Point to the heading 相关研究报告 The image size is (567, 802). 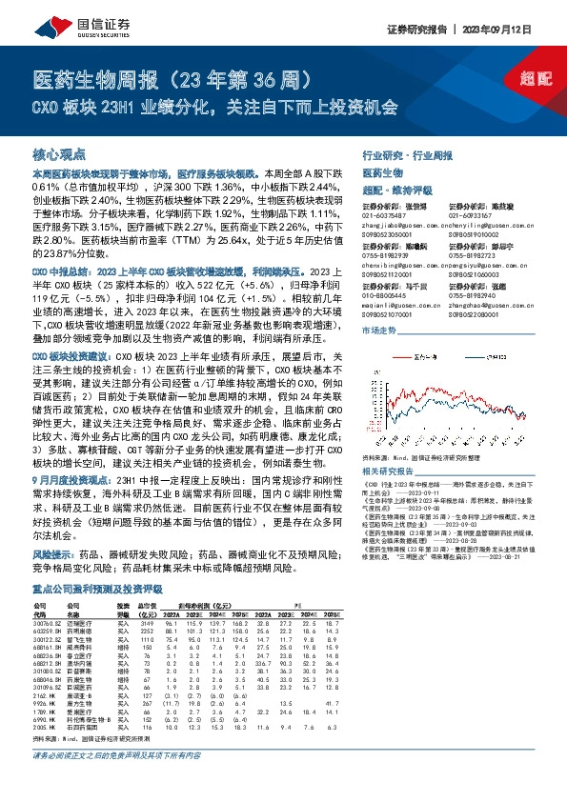[388, 471]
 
